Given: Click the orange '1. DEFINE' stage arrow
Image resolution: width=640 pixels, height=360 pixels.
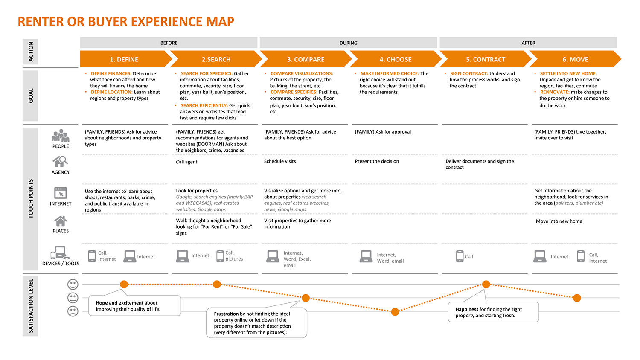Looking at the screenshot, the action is click(x=126, y=59).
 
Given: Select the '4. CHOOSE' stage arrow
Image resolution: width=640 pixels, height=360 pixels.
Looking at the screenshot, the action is click(x=396, y=59).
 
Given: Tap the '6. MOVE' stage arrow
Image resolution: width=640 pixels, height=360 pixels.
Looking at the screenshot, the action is click(x=575, y=59).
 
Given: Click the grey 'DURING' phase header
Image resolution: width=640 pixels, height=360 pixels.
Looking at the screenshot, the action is click(x=348, y=43).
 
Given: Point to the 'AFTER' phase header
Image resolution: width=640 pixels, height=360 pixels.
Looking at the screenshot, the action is click(x=528, y=43).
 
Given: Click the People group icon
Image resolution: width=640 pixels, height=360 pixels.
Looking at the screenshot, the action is click(x=60, y=136).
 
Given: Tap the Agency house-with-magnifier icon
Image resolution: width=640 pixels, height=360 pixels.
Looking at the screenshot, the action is click(x=60, y=161).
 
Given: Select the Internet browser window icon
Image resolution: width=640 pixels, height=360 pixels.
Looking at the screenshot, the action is click(x=60, y=193).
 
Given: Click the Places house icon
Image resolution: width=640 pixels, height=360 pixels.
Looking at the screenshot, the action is click(x=60, y=221).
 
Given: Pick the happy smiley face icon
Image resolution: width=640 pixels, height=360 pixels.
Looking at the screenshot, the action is click(x=73, y=284).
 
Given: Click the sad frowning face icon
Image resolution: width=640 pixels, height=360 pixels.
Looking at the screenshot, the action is click(x=73, y=311).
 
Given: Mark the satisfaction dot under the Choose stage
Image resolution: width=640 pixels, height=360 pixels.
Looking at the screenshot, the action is click(x=395, y=312).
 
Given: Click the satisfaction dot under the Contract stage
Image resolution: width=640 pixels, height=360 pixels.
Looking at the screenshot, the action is click(x=486, y=284).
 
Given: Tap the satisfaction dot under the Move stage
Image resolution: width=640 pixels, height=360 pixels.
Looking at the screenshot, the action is click(x=577, y=298).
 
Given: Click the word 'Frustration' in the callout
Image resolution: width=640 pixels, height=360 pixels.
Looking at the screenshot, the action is click(x=226, y=314).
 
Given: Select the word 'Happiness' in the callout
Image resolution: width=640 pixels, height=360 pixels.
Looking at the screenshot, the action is click(x=467, y=309).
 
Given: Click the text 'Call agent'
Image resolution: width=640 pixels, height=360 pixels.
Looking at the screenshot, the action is click(x=186, y=162).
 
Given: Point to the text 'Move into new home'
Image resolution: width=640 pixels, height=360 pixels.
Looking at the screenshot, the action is click(x=559, y=221).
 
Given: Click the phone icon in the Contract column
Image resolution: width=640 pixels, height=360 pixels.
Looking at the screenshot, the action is click(x=460, y=256).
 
